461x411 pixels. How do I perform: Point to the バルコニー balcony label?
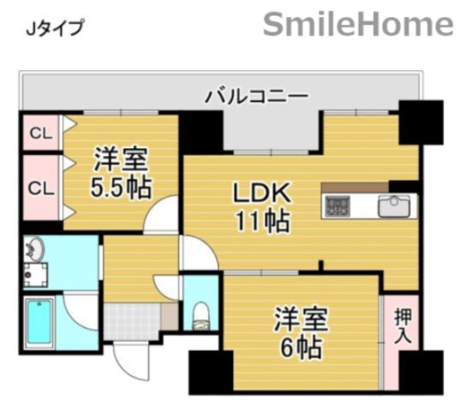click(255, 95)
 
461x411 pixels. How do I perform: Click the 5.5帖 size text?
click(121, 186)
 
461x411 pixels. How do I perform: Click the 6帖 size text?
click(298, 348)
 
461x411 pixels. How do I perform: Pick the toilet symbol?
click(201, 312)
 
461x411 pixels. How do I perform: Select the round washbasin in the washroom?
click(35, 249)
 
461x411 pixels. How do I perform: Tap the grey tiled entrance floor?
click(132, 320)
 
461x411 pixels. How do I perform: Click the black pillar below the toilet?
click(205, 370)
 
